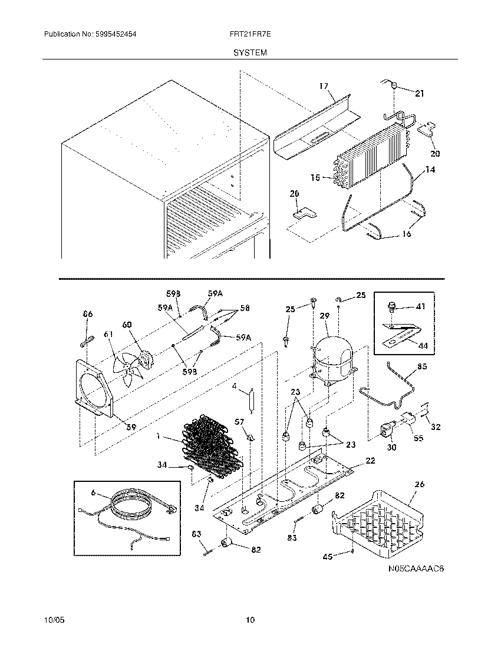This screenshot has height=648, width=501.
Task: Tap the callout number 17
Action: click(x=324, y=86)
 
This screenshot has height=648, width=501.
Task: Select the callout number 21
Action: click(x=419, y=93)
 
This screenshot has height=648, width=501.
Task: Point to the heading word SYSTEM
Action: click(x=250, y=52)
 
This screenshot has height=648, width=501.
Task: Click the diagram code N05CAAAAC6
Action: click(x=416, y=569)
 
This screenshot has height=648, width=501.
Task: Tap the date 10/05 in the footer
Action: click(x=52, y=620)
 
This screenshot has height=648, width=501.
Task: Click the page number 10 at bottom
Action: click(x=250, y=620)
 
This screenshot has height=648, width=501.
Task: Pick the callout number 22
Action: click(x=370, y=461)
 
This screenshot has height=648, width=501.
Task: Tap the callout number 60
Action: click(x=127, y=325)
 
